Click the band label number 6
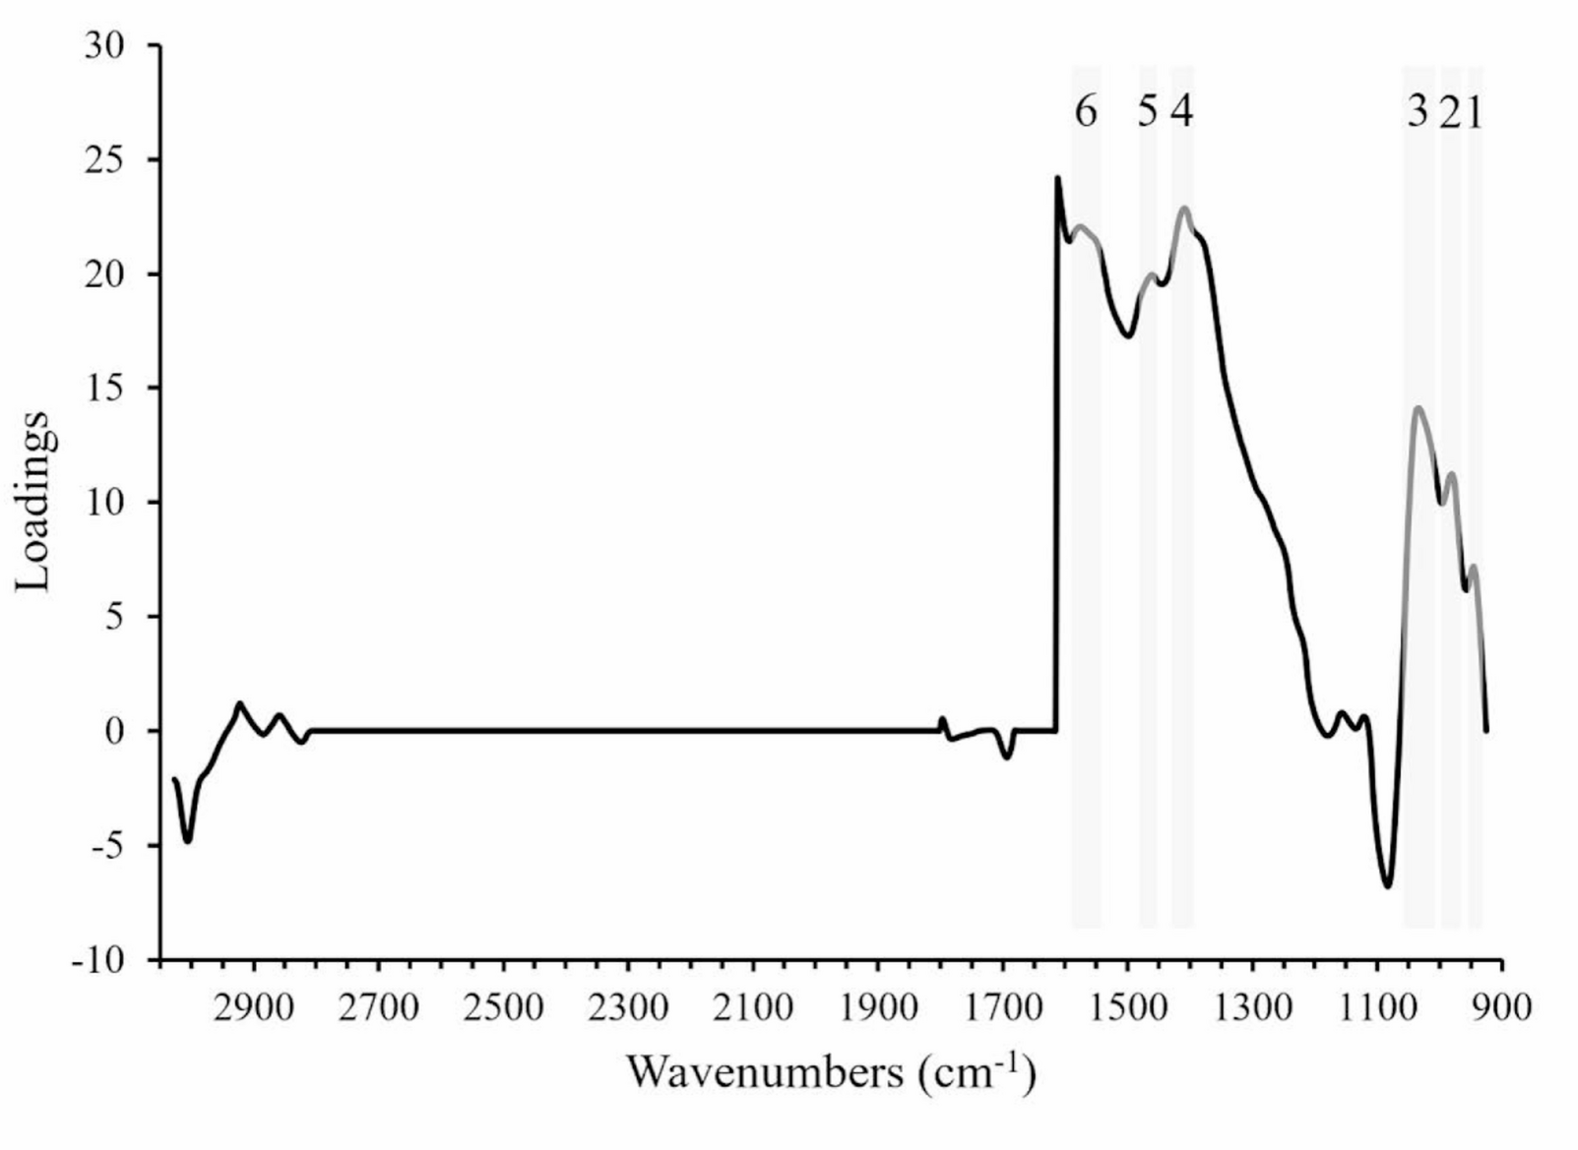1085,113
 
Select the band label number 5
1147,113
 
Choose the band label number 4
1182,113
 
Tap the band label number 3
1417,113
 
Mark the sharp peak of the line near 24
1057,179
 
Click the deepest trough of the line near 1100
1387,886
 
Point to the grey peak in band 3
1418,407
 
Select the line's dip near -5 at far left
187,841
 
